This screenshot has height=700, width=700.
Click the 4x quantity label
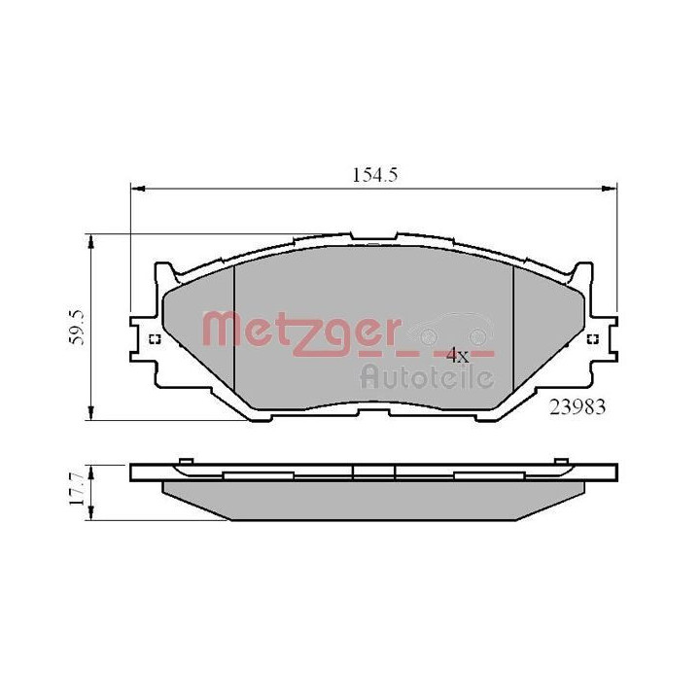[x=457, y=356]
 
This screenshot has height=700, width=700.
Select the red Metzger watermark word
[x=299, y=329]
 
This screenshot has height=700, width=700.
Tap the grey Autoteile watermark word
[x=427, y=375]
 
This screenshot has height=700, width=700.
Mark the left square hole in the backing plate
[x=153, y=339]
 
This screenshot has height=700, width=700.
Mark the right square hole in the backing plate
[x=595, y=338]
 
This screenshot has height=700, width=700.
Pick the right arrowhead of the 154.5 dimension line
[x=612, y=189]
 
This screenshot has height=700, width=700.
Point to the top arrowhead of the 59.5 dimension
[x=90, y=239]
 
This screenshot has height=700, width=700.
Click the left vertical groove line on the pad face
[x=235, y=331]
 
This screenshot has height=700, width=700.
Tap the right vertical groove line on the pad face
[x=513, y=331]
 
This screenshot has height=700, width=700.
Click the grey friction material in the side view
[x=374, y=500]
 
